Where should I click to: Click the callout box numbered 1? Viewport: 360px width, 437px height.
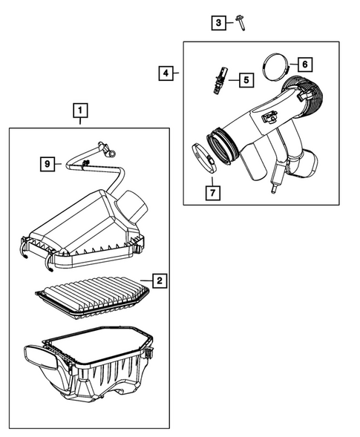point(80,111)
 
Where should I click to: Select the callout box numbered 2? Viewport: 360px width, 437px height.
point(160,280)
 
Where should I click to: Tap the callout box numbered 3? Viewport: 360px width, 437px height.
point(218,23)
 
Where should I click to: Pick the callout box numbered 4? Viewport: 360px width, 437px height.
point(166,73)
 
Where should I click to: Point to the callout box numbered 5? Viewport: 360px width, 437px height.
point(246,80)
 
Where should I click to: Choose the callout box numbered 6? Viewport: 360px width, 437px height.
point(305,65)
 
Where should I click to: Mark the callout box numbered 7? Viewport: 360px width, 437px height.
point(213,193)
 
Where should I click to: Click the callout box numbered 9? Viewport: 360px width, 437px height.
point(48,164)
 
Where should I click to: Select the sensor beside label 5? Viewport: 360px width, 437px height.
point(220,81)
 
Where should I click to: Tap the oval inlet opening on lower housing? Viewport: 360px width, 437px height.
point(42,358)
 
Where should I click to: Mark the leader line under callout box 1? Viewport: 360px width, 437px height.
point(80,121)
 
